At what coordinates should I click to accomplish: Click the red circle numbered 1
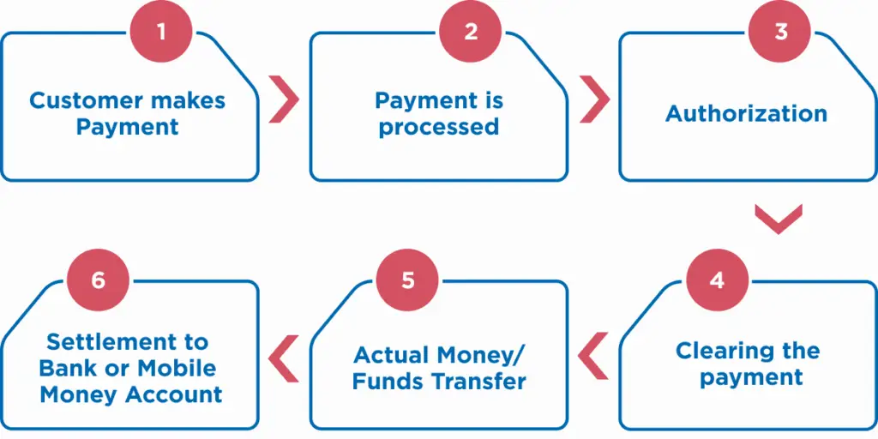(161, 32)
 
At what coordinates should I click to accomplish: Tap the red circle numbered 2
(471, 32)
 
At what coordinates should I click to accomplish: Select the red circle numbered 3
(780, 32)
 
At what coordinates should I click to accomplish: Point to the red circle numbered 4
(718, 280)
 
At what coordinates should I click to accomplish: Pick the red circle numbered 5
(408, 280)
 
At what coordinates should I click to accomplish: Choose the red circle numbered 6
(98, 280)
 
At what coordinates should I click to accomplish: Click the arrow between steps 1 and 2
(285, 99)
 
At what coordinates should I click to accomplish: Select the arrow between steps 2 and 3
(595, 99)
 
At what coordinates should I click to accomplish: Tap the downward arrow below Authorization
(779, 219)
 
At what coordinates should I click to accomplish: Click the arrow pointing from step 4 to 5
(593, 357)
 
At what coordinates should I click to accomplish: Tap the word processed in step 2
(438, 128)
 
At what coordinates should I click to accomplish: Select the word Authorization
(747, 114)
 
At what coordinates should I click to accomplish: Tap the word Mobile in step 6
(177, 369)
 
